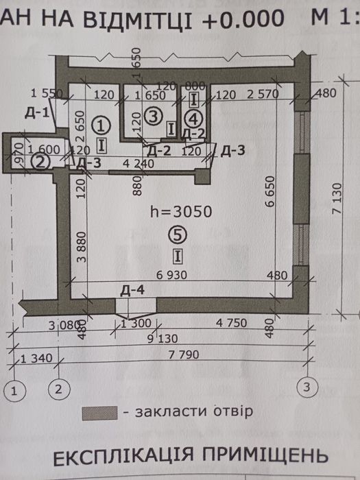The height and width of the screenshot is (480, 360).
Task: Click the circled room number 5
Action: tap(178, 235)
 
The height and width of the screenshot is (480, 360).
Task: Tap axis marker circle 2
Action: tap(59, 389)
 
